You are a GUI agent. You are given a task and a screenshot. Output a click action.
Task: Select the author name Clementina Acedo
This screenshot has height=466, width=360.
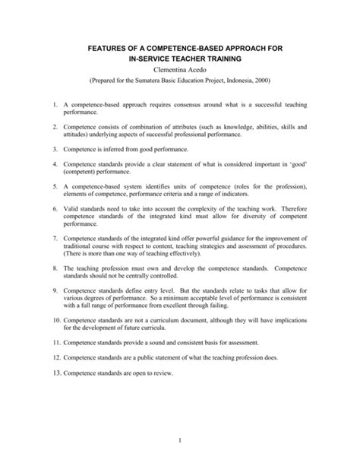click(180, 71)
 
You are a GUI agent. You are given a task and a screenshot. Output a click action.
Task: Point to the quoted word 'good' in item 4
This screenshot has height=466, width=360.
click(298, 165)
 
